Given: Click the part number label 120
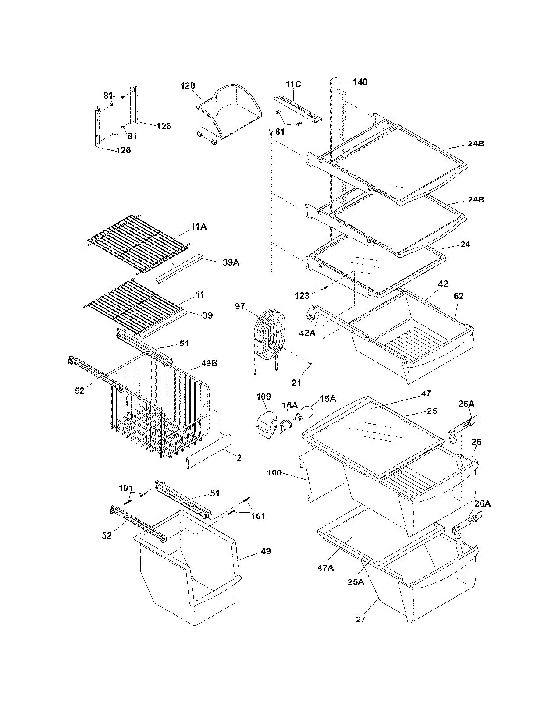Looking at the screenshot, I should click(188, 85).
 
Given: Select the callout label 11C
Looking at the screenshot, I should click(293, 84).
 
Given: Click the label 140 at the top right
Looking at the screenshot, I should click(360, 82).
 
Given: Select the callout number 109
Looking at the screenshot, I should click(263, 397).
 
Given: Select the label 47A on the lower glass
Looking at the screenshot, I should click(325, 567).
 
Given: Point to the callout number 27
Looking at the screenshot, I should click(360, 620).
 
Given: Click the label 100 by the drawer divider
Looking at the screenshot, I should click(274, 473).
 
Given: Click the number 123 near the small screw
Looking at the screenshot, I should click(302, 296).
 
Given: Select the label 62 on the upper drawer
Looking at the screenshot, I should click(458, 296).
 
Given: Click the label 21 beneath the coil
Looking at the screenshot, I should click(296, 383).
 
